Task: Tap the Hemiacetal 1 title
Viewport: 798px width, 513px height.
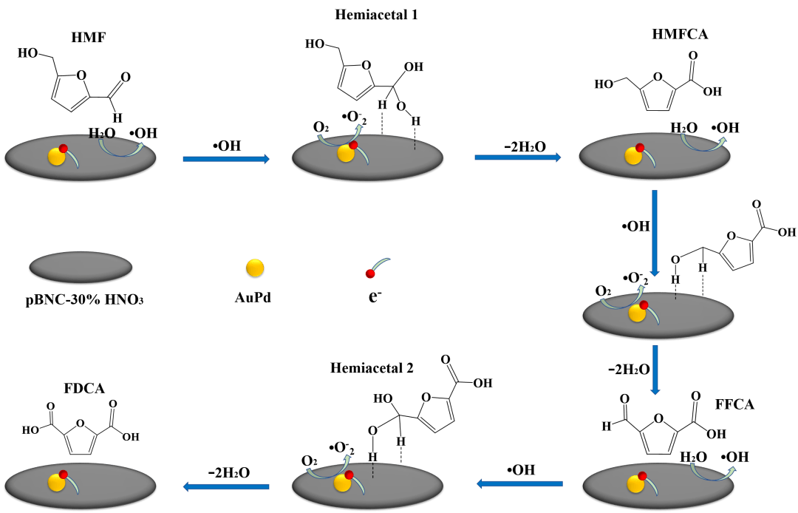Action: point(376,14)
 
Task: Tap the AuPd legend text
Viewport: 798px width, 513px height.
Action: point(253,299)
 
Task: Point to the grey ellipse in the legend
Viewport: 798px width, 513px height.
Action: point(81,268)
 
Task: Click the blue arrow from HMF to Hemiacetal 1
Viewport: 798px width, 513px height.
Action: point(227,158)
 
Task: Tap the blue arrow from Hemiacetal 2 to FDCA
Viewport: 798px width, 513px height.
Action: point(226,486)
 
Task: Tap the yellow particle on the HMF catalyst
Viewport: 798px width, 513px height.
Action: point(56,156)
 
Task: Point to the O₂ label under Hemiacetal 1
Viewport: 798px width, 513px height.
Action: point(321,128)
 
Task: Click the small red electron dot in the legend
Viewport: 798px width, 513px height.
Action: point(370,274)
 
